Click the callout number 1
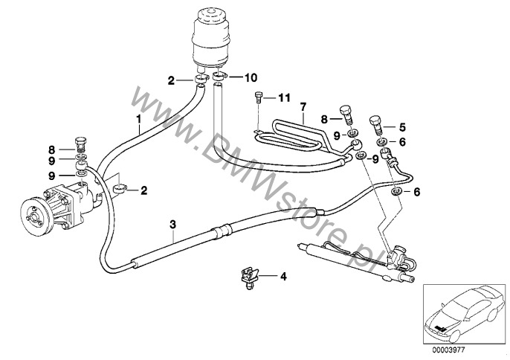[138, 119]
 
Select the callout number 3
[172, 222]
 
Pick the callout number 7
[303, 108]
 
